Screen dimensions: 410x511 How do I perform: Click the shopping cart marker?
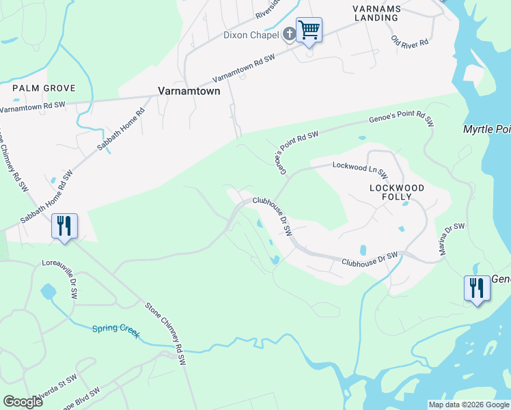(x=309, y=29)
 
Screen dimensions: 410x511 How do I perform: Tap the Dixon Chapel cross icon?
(x=289, y=33)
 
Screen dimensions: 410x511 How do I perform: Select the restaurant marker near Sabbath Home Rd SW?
(x=65, y=225)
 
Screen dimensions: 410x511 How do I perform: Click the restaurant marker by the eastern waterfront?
(x=476, y=288)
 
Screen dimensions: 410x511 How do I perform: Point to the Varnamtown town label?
(x=189, y=90)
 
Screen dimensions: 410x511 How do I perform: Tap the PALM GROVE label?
(x=44, y=89)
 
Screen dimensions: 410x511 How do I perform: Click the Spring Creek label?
(x=116, y=332)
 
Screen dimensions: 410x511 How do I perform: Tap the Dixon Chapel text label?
(x=251, y=35)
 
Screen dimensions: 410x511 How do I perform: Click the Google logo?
(x=23, y=402)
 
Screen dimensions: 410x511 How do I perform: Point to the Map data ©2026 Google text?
(x=469, y=405)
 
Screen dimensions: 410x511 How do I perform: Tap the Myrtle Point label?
(x=486, y=129)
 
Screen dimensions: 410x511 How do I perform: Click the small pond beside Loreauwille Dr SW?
(x=48, y=292)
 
